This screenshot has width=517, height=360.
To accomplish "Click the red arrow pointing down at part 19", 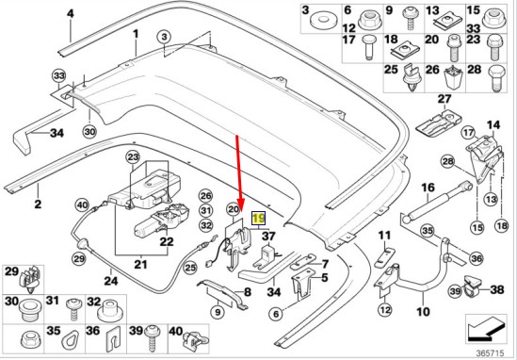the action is [x=238, y=173].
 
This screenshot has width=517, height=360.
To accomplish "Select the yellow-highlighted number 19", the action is [x=258, y=219].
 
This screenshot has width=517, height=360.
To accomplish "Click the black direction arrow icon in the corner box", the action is [x=486, y=329].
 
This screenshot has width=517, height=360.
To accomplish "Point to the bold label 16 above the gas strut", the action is [x=428, y=188].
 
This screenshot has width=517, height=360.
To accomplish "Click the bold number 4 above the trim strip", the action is [x=71, y=14].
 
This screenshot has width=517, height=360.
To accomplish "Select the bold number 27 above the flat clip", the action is [x=444, y=99].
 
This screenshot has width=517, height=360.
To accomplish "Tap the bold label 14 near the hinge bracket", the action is [x=493, y=124].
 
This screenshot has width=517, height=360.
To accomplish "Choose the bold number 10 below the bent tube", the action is [x=423, y=311].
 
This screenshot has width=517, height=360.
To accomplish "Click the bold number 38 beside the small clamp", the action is [x=497, y=289].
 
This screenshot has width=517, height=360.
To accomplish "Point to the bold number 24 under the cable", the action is [x=111, y=281].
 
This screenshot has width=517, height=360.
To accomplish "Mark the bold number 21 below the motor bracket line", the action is [x=140, y=264].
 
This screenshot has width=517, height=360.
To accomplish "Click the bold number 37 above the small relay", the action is [x=268, y=237].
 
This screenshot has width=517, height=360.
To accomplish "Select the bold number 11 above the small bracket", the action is [x=384, y=236].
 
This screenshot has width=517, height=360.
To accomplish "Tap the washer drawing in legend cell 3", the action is [x=323, y=20].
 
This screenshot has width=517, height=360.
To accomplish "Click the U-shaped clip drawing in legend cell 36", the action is [x=112, y=341].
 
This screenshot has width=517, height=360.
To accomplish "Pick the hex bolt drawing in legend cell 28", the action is [x=495, y=79].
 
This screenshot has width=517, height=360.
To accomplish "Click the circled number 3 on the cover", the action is [x=165, y=37].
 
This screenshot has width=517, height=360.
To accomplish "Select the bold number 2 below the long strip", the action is [x=38, y=204].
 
